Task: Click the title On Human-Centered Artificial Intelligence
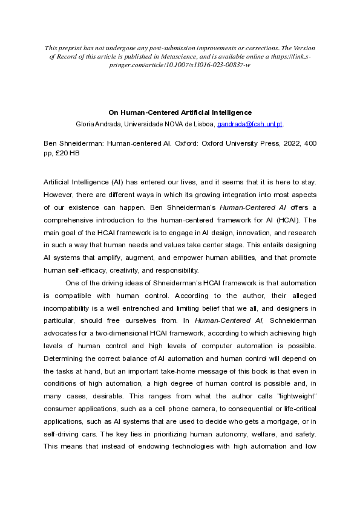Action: point(180,112)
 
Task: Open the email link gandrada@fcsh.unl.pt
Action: point(250,125)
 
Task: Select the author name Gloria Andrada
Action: point(95,125)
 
